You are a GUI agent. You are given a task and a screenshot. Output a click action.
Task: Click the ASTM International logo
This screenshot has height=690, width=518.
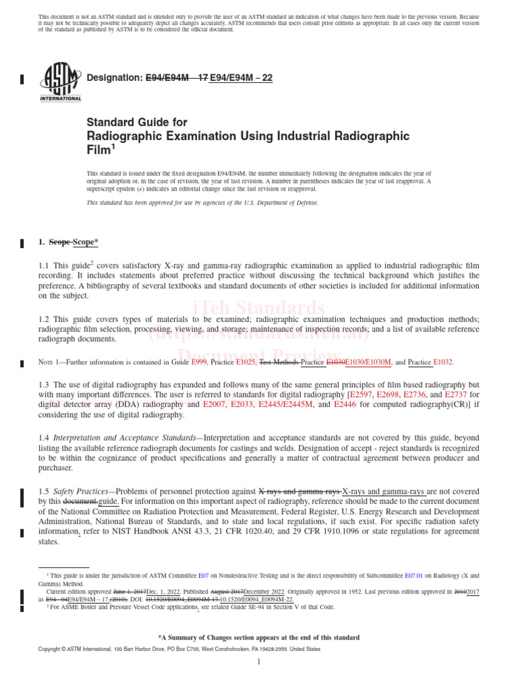(x=61, y=81)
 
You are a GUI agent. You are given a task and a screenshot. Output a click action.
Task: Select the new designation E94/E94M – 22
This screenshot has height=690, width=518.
(x=241, y=78)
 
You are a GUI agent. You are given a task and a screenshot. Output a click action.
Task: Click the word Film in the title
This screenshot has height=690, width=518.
(x=100, y=150)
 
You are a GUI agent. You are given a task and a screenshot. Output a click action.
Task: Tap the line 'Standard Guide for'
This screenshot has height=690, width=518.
(x=136, y=123)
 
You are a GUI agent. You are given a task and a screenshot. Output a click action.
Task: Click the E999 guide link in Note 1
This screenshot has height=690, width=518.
(x=198, y=362)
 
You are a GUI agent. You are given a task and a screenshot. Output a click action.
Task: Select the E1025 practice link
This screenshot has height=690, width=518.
(x=246, y=362)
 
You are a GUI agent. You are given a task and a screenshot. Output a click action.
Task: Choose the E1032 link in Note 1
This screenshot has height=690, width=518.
(x=443, y=362)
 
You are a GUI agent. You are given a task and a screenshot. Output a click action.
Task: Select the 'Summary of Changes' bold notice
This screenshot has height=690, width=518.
(x=259, y=637)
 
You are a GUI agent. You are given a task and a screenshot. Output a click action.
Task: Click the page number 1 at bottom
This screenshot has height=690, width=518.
(x=259, y=662)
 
